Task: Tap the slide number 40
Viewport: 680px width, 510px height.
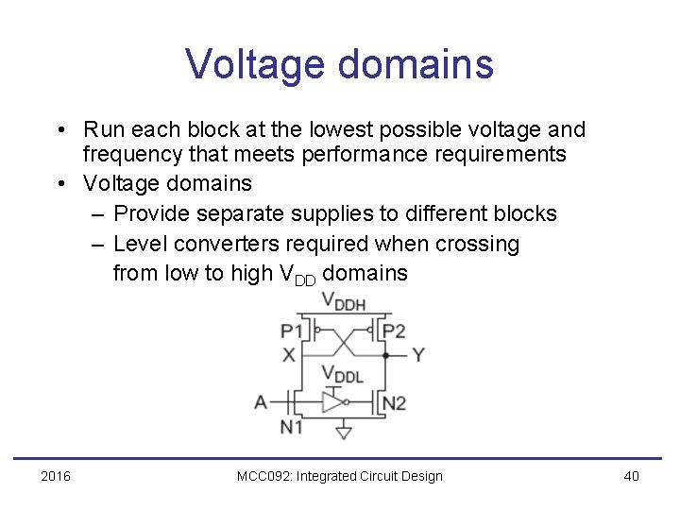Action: [631, 476]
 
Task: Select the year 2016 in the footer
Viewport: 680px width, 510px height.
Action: [56, 476]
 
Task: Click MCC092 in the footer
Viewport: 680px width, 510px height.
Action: [264, 476]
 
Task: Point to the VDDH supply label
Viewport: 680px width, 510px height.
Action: [343, 302]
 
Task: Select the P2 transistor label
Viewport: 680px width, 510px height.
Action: [393, 331]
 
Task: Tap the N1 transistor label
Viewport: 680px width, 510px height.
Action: [291, 427]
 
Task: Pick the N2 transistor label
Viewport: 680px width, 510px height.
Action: [393, 402]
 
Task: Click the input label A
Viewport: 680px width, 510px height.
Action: [261, 402]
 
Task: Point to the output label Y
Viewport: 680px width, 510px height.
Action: [417, 355]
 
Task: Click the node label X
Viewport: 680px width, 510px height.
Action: [288, 355]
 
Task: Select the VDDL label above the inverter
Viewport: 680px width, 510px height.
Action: [342, 375]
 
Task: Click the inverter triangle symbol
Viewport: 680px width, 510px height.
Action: [332, 403]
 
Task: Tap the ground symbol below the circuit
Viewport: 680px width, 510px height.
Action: [344, 433]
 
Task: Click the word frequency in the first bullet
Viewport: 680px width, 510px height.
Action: [130, 154]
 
